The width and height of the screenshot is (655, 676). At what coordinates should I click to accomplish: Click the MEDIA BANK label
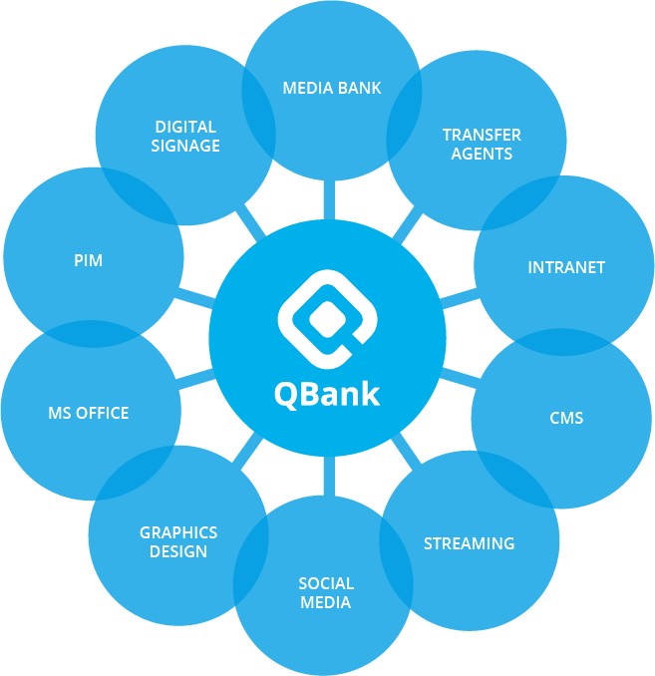[x=332, y=88]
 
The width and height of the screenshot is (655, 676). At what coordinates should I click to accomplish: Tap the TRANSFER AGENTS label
[x=482, y=144]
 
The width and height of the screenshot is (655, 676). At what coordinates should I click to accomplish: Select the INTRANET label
[x=566, y=267]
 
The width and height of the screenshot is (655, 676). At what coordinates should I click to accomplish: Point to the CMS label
[x=566, y=418]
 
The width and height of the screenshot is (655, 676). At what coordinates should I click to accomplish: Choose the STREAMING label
[x=469, y=543]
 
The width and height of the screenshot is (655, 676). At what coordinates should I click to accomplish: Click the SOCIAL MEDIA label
[x=326, y=592]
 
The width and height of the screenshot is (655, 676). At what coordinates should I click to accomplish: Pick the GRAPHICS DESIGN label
[x=178, y=541]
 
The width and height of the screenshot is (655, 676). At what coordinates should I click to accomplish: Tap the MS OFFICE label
[x=89, y=413]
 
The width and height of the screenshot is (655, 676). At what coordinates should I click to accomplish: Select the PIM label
[x=88, y=260]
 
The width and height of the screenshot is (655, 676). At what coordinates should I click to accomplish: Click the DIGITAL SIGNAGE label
[x=185, y=136]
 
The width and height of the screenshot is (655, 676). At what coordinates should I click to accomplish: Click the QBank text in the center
[x=327, y=394]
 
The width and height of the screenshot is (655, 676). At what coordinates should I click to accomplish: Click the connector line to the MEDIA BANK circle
[x=324, y=198]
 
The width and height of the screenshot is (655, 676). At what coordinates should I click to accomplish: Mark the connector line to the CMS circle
[x=458, y=378]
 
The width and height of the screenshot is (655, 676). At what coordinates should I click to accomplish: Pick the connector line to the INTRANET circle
[x=458, y=297]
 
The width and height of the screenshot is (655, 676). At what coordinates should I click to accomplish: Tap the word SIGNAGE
[x=185, y=146]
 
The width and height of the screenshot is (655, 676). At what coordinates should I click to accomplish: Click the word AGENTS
[x=482, y=154]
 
